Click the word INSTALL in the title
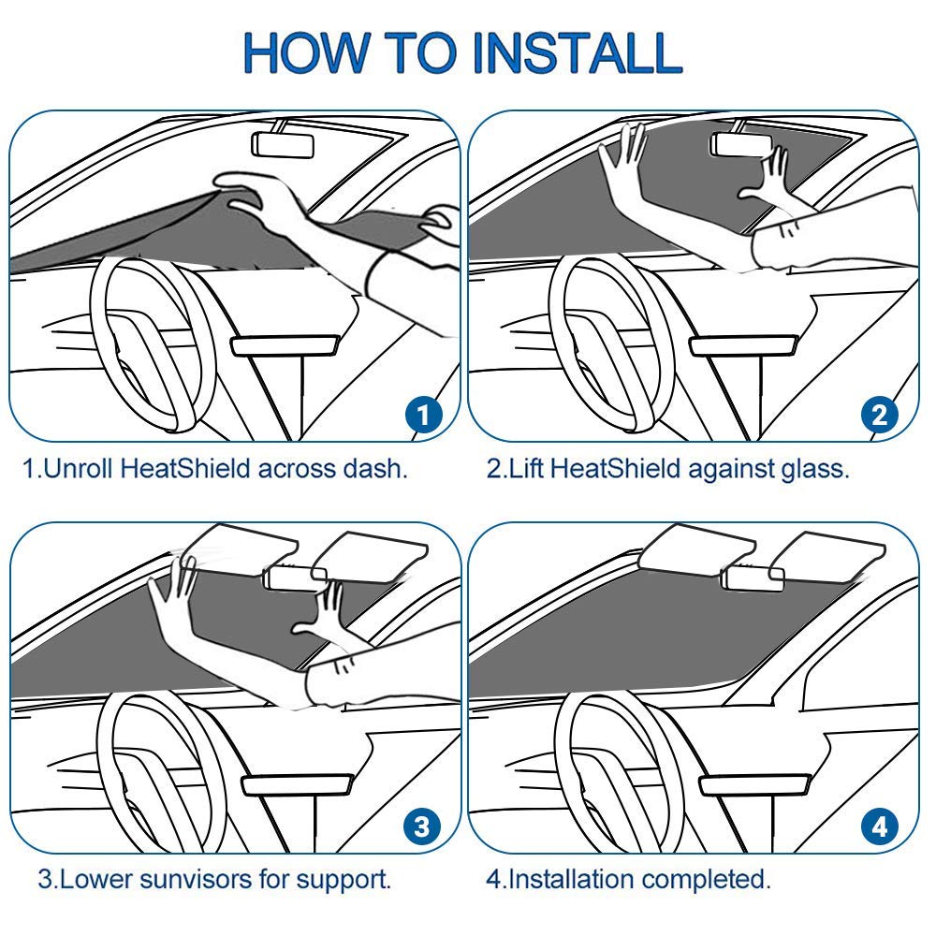(577, 53)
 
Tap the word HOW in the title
(306, 53)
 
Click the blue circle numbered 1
(423, 415)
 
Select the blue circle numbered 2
(880, 415)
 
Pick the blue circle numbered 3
(422, 827)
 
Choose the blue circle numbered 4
(880, 827)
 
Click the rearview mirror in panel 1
(283, 144)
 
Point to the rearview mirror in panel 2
(741, 144)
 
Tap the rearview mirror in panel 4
(753, 578)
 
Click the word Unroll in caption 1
(79, 469)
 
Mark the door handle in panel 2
(743, 345)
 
